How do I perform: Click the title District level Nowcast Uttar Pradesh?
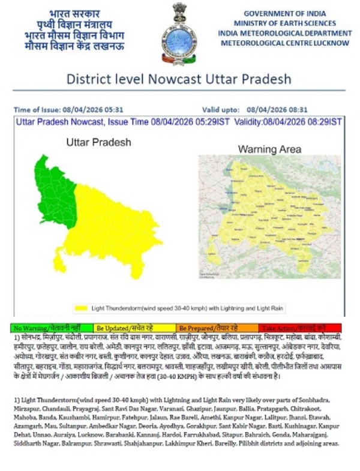tap(178, 79)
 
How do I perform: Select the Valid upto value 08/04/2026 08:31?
tap(277, 110)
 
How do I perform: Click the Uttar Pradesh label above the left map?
tap(98, 143)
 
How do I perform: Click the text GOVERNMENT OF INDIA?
tap(285, 13)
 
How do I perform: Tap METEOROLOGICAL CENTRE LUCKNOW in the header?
tap(285, 43)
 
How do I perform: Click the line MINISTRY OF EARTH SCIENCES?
tap(285, 23)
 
